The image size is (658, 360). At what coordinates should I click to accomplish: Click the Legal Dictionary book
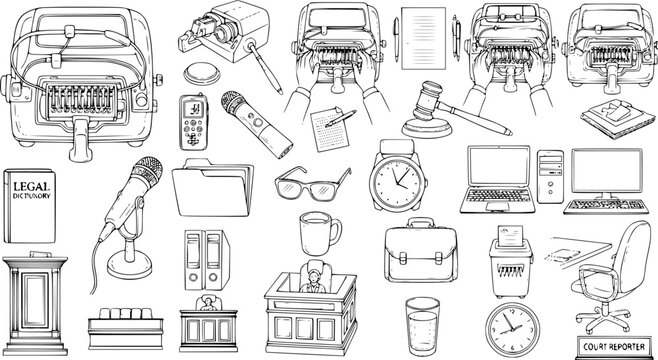tap(32, 206)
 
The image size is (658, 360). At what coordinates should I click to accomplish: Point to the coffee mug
tap(318, 234)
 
